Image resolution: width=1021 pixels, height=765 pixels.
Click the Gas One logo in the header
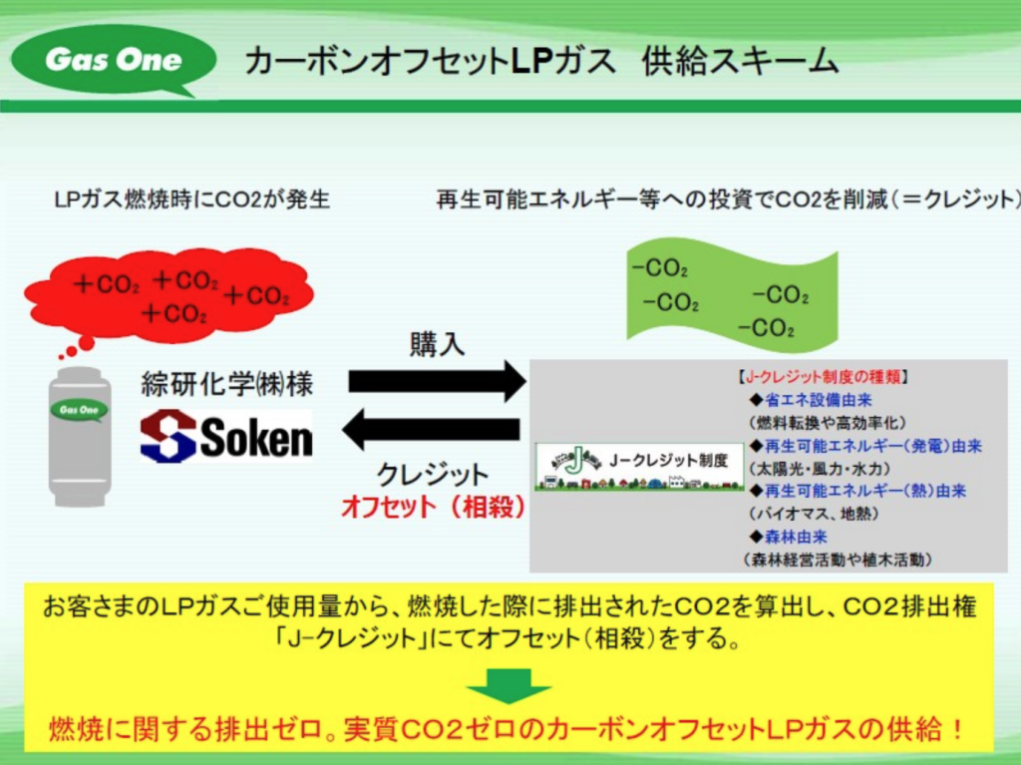point(112,59)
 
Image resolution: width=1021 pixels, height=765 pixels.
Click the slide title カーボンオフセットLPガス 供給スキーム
point(540,61)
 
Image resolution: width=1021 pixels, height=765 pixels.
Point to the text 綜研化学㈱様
point(227,385)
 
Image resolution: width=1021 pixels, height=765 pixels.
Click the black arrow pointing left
point(432,431)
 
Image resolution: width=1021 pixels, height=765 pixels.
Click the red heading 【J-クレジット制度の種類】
point(823,378)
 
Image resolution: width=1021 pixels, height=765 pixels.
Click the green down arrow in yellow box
point(509,685)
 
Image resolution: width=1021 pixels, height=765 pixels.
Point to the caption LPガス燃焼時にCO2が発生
point(191,199)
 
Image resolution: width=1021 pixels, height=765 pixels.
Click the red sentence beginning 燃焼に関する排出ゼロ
point(509,729)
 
